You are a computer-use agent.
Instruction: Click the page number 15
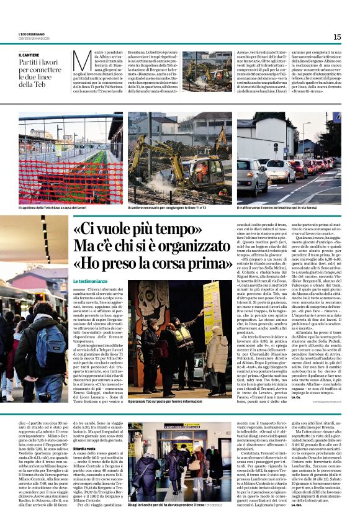[337, 37]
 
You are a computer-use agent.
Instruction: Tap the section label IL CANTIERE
[32, 55]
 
